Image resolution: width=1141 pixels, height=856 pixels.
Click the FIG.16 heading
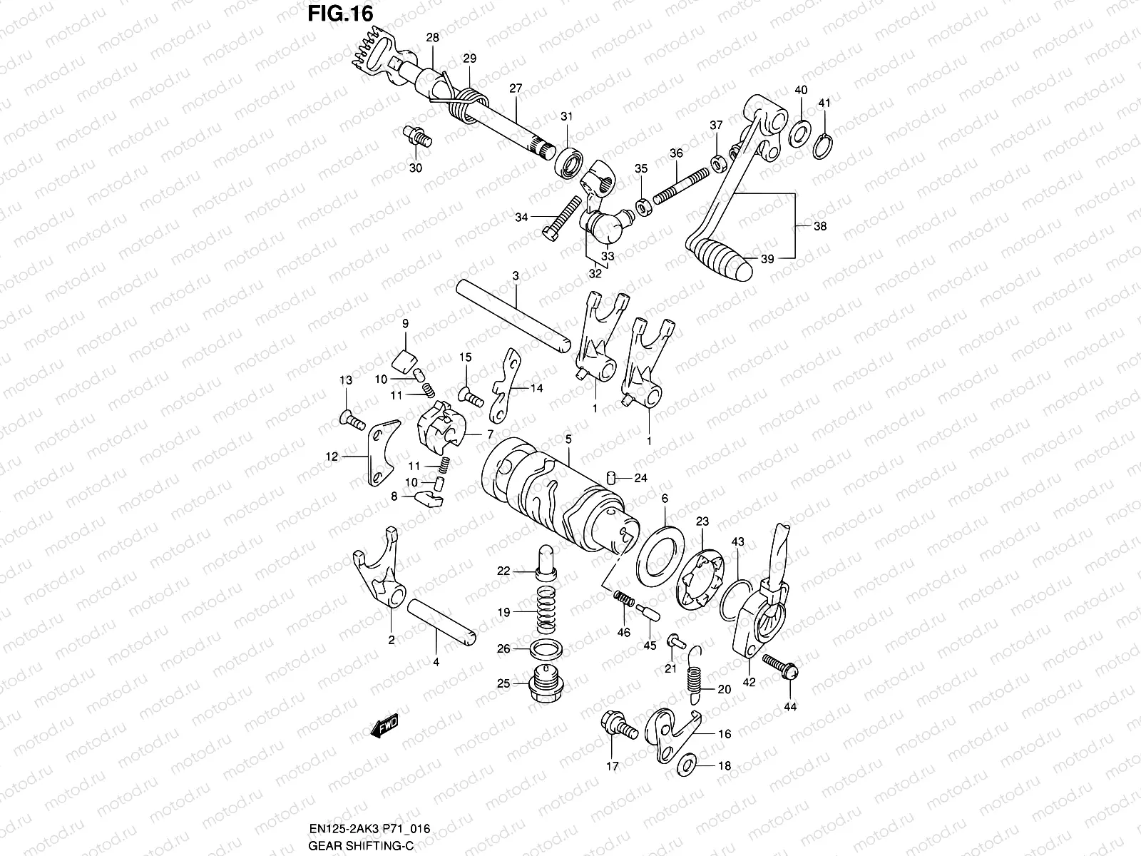pos(340,14)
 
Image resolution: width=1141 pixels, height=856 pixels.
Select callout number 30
pos(415,168)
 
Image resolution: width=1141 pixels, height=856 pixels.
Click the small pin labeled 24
pos(611,477)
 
